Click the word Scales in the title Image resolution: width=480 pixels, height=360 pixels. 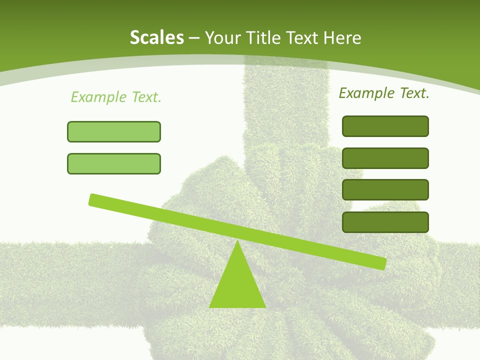[156, 37]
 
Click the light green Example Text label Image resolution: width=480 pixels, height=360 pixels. [116, 97]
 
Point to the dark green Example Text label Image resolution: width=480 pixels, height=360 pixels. [384, 93]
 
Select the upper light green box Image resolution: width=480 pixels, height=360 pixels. [114, 131]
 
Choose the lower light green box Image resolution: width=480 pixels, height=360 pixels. [114, 163]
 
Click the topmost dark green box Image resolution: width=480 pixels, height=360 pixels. [385, 126]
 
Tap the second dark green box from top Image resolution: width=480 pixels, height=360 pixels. [385, 158]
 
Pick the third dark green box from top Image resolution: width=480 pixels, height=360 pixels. [385, 190]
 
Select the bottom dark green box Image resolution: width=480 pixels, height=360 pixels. [385, 222]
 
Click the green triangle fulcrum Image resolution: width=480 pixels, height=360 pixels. [237, 285]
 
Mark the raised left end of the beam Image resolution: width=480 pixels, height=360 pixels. [93, 199]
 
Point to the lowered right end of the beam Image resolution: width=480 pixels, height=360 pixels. [382, 263]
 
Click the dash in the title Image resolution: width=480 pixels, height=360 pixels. [194, 38]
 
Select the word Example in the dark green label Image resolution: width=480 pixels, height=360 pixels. [366, 93]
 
